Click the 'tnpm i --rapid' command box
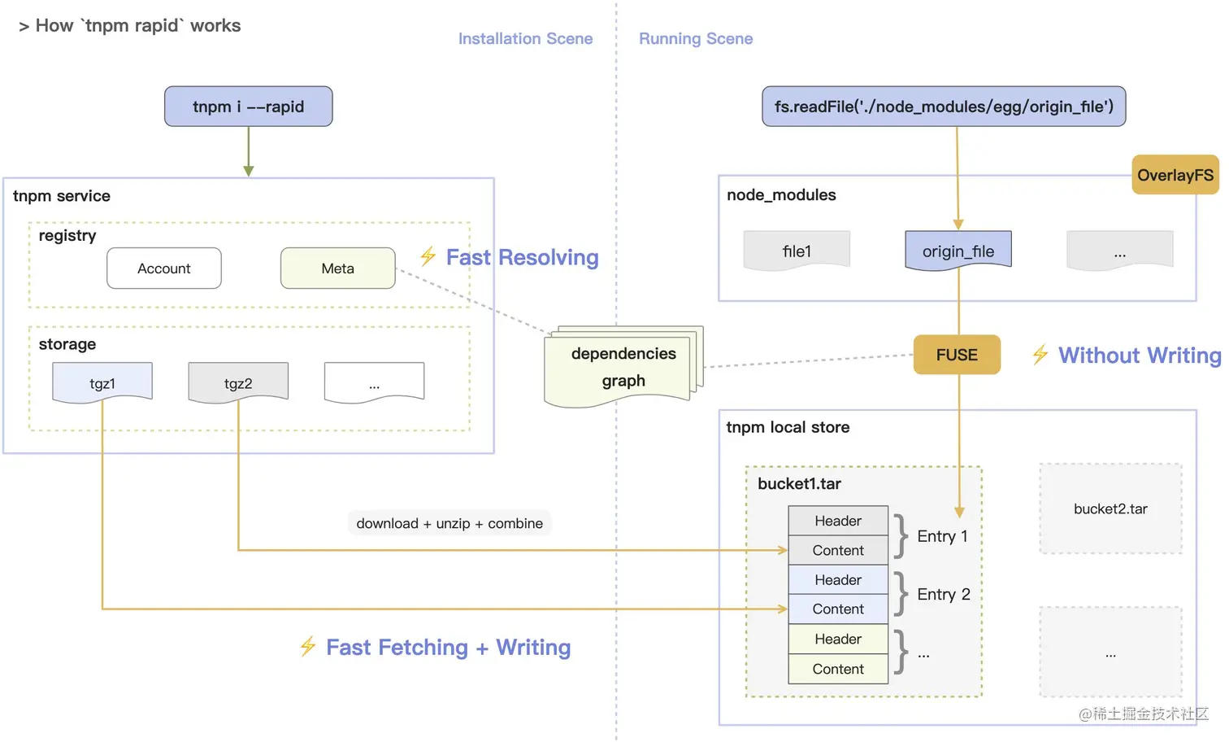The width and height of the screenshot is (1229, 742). click(248, 106)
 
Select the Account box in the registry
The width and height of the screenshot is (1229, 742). click(164, 268)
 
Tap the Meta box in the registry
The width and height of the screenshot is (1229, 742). click(337, 268)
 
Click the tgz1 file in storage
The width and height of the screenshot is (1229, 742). click(102, 382)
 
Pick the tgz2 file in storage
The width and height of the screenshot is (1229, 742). click(238, 382)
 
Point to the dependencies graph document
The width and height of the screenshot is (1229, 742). click(623, 367)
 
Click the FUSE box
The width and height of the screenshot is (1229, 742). click(957, 355)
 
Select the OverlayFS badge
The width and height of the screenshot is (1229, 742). click(1175, 175)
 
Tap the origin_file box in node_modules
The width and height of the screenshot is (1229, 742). click(958, 251)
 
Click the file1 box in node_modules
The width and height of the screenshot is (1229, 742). click(797, 251)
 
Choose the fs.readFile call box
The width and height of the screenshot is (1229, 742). click(944, 106)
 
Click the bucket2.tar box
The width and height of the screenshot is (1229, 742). click(1110, 508)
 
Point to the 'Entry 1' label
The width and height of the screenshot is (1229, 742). click(942, 536)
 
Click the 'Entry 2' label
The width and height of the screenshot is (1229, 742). click(944, 594)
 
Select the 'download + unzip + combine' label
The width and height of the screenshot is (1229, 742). click(449, 523)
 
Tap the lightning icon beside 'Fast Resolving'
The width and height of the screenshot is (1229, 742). click(428, 256)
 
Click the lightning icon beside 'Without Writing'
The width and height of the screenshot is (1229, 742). click(1040, 354)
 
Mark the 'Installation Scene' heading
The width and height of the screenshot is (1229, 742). click(525, 38)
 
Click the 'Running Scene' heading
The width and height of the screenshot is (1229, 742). click(696, 38)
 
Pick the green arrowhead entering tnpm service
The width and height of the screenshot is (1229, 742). click(249, 172)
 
